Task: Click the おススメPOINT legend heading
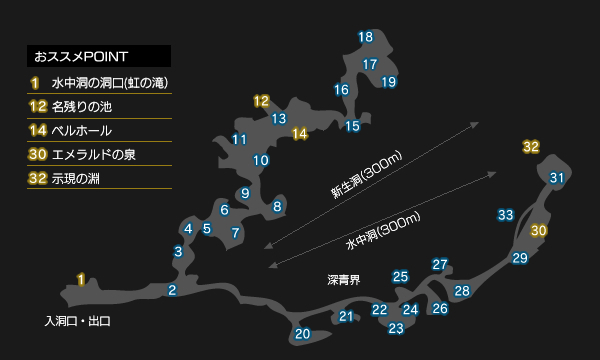click(81, 57)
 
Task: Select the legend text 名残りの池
click(82, 107)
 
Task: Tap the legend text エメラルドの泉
click(93, 155)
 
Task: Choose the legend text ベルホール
click(82, 131)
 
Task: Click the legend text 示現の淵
click(75, 179)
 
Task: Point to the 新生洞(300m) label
click(367, 174)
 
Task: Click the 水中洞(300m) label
click(383, 231)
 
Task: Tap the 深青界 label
click(344, 280)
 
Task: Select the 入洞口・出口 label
click(78, 321)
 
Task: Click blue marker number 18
click(365, 37)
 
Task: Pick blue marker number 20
click(302, 334)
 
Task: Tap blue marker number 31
click(557, 178)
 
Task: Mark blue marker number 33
click(505, 215)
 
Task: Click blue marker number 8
click(277, 207)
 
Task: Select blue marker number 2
click(172, 290)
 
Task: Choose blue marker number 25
click(400, 277)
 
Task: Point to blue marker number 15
click(352, 126)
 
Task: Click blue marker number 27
click(440, 264)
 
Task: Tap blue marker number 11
click(240, 139)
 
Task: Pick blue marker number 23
click(396, 328)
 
